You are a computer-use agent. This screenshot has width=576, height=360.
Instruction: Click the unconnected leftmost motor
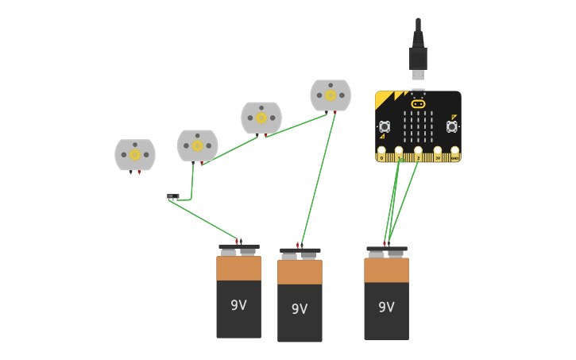(x=135, y=155)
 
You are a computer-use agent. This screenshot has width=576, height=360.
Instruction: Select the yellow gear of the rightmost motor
(x=331, y=95)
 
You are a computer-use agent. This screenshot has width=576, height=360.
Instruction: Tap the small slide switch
(x=173, y=195)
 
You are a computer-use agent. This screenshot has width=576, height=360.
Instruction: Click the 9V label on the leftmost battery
(x=238, y=305)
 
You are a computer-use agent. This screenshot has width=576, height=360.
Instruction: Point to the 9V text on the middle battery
(x=300, y=309)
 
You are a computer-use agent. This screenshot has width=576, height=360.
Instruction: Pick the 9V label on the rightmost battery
(x=386, y=308)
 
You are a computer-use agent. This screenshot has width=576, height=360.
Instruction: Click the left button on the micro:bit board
(x=385, y=126)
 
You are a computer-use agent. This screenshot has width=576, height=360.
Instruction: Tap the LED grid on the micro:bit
(x=418, y=126)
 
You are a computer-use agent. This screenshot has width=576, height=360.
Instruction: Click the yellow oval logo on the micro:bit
(x=418, y=103)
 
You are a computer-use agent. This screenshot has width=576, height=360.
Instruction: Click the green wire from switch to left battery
(x=203, y=219)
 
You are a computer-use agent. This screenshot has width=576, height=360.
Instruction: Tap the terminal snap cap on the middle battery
(x=300, y=253)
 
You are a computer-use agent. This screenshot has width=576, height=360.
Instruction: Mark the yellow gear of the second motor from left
(x=197, y=145)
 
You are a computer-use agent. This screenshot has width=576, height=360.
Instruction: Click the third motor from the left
(x=261, y=118)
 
